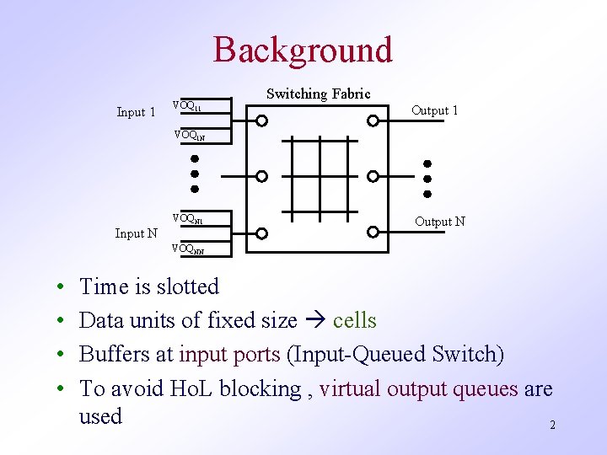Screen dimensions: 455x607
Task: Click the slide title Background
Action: tap(303, 50)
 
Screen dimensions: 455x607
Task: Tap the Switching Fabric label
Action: tap(318, 94)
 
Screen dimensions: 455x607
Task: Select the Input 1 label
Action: tap(136, 112)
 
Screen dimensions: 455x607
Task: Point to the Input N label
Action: tap(136, 233)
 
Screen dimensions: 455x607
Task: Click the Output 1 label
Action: tap(434, 110)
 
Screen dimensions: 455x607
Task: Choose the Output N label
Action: tap(439, 222)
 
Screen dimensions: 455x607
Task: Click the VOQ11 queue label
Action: tap(186, 106)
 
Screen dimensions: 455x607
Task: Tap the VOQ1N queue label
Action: tap(189, 134)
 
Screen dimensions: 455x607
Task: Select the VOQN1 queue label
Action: tap(187, 218)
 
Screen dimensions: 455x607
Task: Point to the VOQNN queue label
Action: tap(187, 249)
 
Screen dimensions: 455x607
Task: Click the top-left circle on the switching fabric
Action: tap(262, 120)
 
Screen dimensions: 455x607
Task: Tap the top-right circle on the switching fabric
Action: tap(373, 120)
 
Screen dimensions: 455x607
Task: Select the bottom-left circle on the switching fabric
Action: tap(262, 233)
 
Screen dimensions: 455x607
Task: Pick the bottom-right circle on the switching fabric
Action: tap(373, 232)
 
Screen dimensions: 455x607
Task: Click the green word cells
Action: tap(354, 321)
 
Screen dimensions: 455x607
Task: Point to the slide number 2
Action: tap(552, 426)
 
